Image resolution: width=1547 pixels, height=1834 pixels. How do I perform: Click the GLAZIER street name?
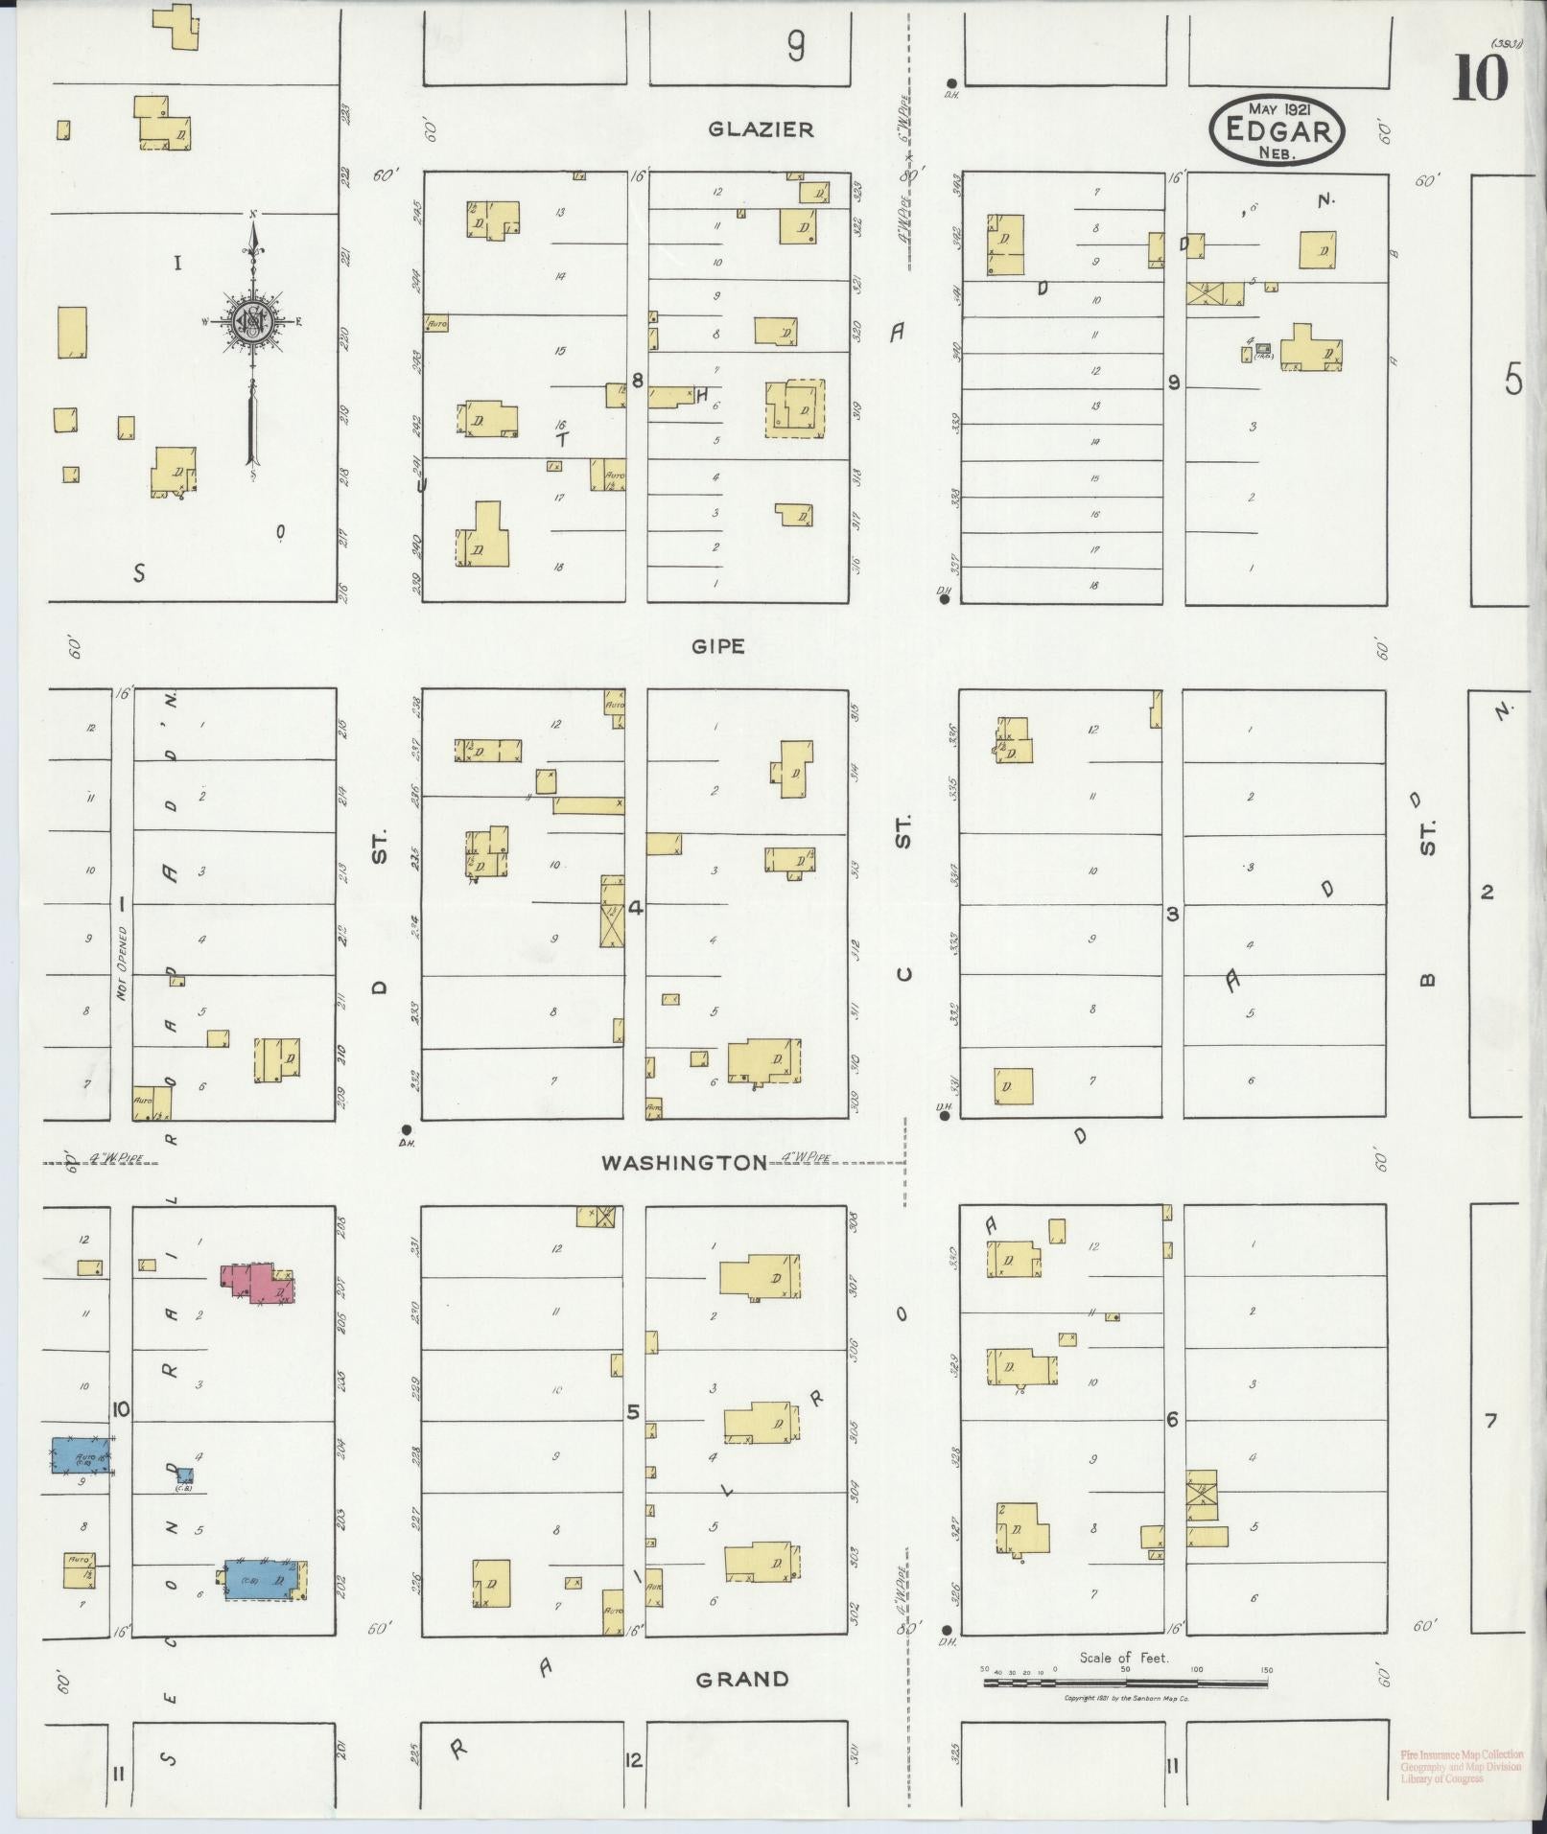point(761,129)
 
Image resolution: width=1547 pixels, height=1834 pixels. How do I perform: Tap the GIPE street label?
point(718,646)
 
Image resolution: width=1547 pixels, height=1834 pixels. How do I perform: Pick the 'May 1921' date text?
point(1279,107)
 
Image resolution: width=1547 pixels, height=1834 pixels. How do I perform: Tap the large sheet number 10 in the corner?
point(1481,79)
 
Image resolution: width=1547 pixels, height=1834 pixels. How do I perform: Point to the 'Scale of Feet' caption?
point(1124,1658)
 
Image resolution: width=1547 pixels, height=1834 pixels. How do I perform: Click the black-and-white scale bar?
point(1126,1683)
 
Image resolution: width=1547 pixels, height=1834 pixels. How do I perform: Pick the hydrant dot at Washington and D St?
point(407,1128)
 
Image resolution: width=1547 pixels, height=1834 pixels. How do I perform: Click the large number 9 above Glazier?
point(795,46)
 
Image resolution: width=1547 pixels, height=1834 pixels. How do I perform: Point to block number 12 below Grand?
point(633,1760)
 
